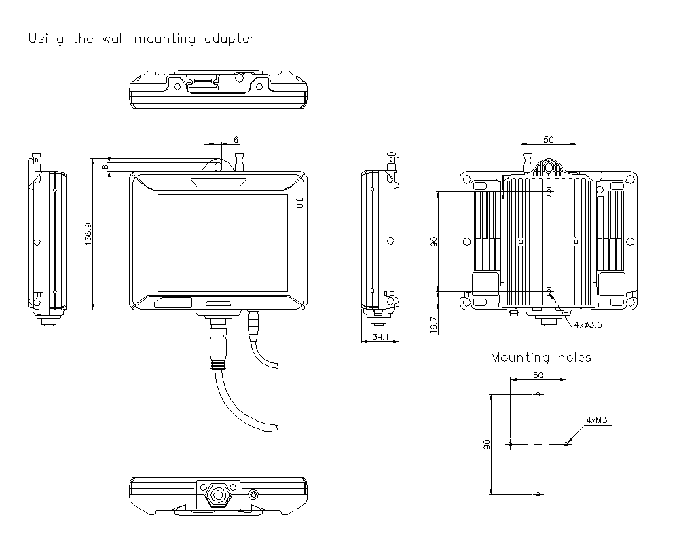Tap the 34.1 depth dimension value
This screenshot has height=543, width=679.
tap(381, 337)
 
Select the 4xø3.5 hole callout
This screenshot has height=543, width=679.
tap(589, 325)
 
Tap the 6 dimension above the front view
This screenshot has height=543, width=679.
tap(236, 139)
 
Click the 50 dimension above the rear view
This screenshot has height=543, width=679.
tap(547, 139)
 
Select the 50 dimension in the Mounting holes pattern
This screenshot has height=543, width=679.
tap(538, 375)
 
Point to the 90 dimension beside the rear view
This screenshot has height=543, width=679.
tap(434, 242)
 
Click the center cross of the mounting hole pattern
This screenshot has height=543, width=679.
tap(538, 444)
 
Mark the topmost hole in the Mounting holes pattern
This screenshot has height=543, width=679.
tap(538, 394)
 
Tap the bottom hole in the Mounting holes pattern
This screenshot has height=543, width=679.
tap(538, 494)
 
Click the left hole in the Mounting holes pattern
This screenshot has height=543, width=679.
tap(510, 444)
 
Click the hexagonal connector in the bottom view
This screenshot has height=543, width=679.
tap(219, 494)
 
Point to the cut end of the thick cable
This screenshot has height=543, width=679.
tap(278, 428)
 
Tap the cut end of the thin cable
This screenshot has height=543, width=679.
tap(276, 366)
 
